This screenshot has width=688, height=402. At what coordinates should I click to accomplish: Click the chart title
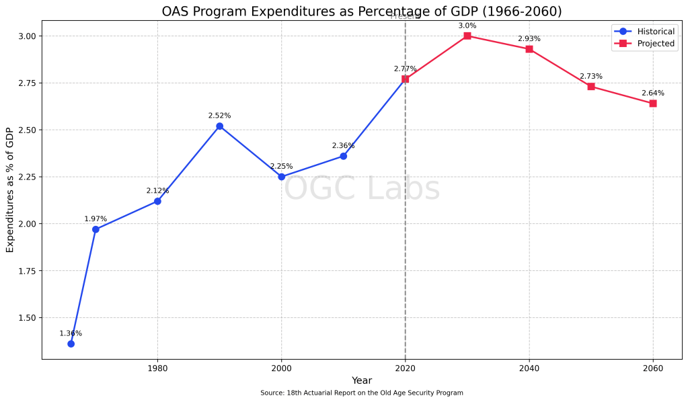(x=362, y=11)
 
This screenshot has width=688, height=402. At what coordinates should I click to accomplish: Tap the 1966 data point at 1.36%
(x=71, y=344)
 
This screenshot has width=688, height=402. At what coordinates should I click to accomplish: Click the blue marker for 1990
(x=219, y=126)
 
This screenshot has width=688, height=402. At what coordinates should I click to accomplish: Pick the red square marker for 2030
(x=467, y=36)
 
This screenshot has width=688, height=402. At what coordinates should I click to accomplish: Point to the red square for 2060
(x=653, y=104)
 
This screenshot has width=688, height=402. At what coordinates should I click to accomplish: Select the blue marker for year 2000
(x=282, y=177)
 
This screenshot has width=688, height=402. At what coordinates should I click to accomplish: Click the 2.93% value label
(x=529, y=39)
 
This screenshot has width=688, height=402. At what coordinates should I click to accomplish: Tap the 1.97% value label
(x=95, y=219)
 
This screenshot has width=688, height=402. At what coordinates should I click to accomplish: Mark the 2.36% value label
(x=343, y=146)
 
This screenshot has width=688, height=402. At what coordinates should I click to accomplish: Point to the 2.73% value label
(x=591, y=77)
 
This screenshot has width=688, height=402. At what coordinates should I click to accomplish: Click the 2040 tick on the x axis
(x=529, y=368)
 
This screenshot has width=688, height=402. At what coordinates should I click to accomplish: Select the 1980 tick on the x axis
(x=157, y=368)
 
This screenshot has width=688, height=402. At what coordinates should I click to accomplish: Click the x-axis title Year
(x=362, y=381)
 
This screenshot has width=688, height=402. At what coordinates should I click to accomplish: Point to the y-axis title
(x=10, y=190)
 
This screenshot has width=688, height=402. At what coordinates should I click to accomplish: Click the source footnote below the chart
(x=362, y=393)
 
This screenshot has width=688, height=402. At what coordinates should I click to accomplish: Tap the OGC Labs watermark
(x=362, y=189)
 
